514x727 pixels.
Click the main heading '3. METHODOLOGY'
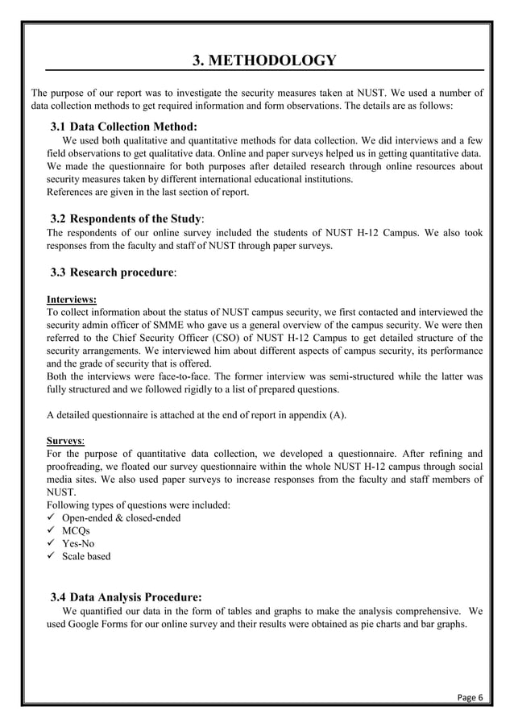(x=263, y=60)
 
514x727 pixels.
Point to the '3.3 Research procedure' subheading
(x=114, y=272)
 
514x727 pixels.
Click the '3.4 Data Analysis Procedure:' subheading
(x=126, y=597)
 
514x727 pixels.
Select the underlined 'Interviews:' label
(x=72, y=299)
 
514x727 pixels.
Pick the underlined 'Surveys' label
(x=66, y=441)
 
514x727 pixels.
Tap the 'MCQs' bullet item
(x=77, y=530)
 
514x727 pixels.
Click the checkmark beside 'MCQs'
(x=52, y=530)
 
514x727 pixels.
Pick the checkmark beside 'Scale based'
(x=52, y=556)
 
